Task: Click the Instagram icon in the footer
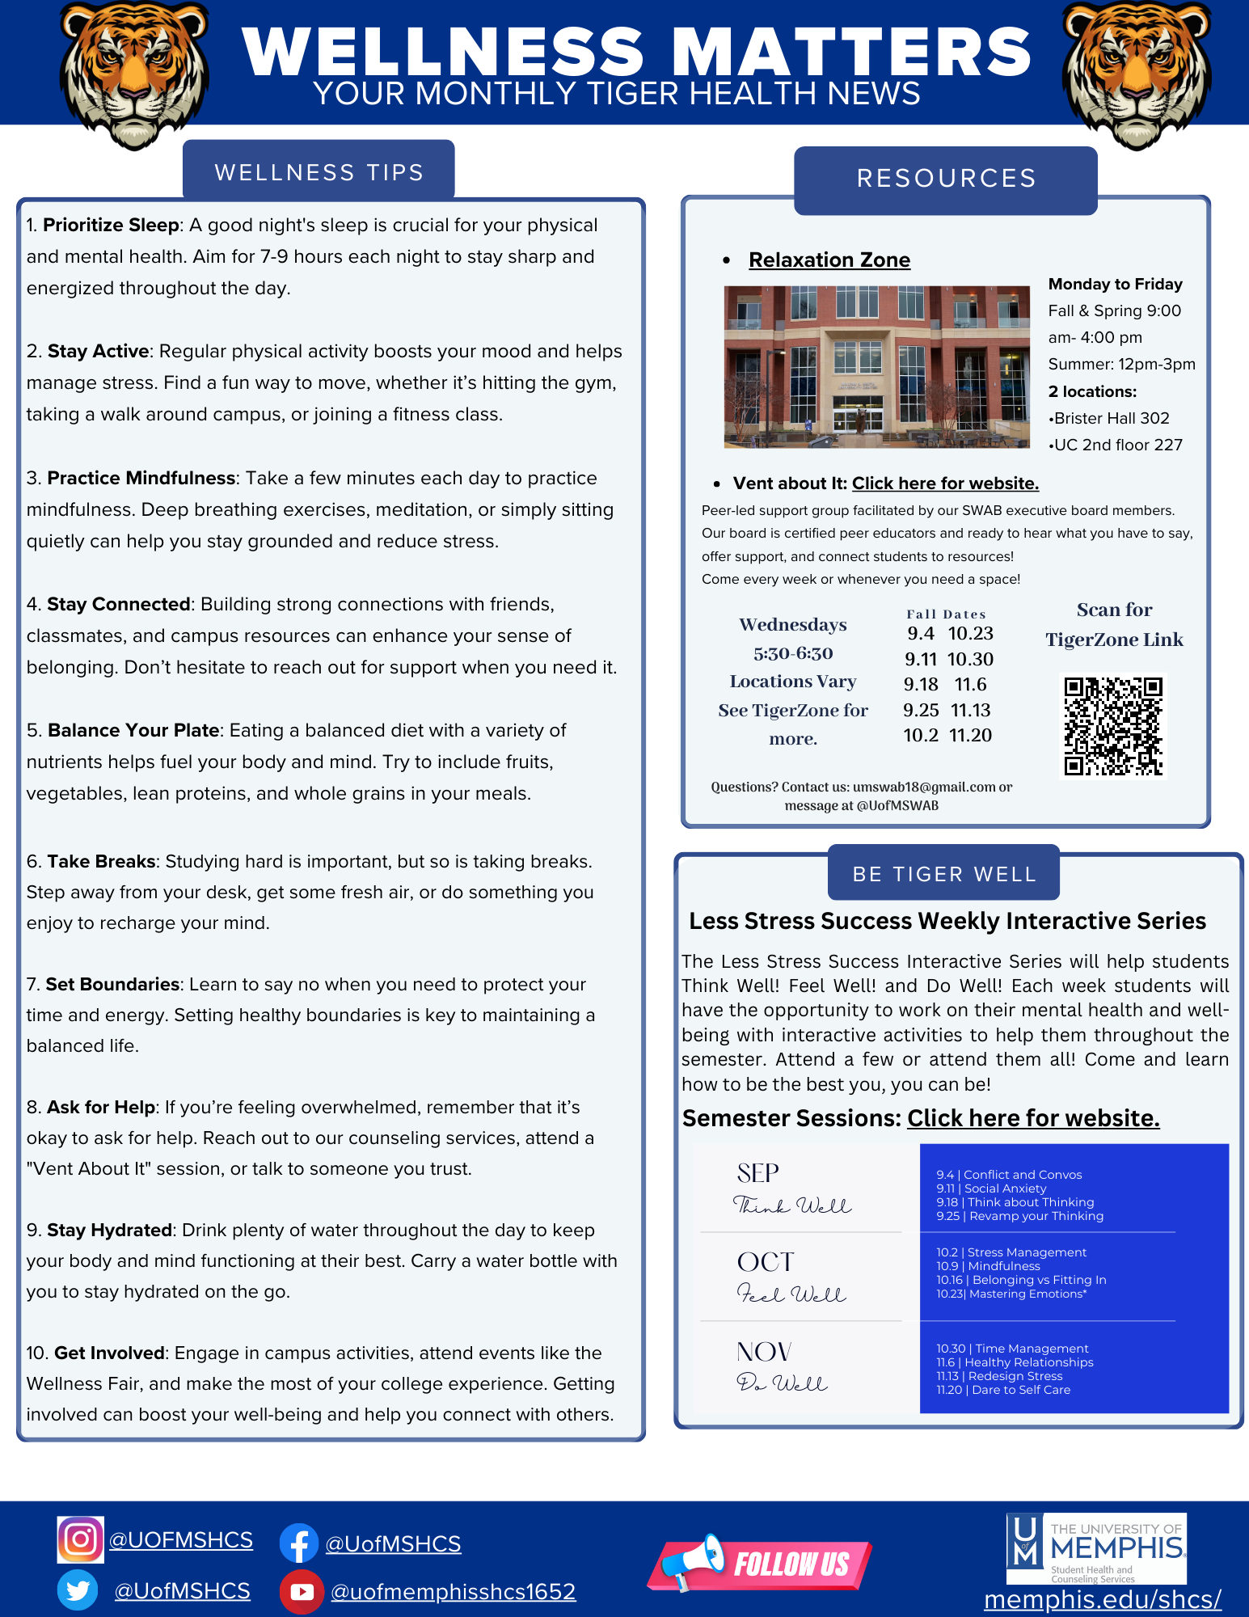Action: pyautogui.click(x=80, y=1539)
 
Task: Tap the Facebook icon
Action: pyautogui.click(x=299, y=1543)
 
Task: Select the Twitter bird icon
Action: pyautogui.click(x=78, y=1590)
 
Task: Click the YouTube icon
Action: pyautogui.click(x=302, y=1591)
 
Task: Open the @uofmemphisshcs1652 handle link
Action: pyautogui.click(x=453, y=1591)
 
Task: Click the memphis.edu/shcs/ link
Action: pyautogui.click(x=1102, y=1599)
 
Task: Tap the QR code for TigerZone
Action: pyautogui.click(x=1113, y=726)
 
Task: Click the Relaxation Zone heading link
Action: pyautogui.click(x=829, y=260)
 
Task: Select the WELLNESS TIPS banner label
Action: pyautogui.click(x=319, y=172)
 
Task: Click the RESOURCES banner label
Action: pyautogui.click(x=946, y=178)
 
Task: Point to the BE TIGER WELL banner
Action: pyautogui.click(x=943, y=874)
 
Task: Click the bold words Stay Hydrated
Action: pyautogui.click(x=109, y=1230)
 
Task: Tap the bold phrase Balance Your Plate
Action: pyautogui.click(x=133, y=730)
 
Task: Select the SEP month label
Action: pyautogui.click(x=757, y=1172)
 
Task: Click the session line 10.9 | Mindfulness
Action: pyautogui.click(x=988, y=1266)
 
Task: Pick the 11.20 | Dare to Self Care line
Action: pyautogui.click(x=1003, y=1390)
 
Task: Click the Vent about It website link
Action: pyautogui.click(x=945, y=483)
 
